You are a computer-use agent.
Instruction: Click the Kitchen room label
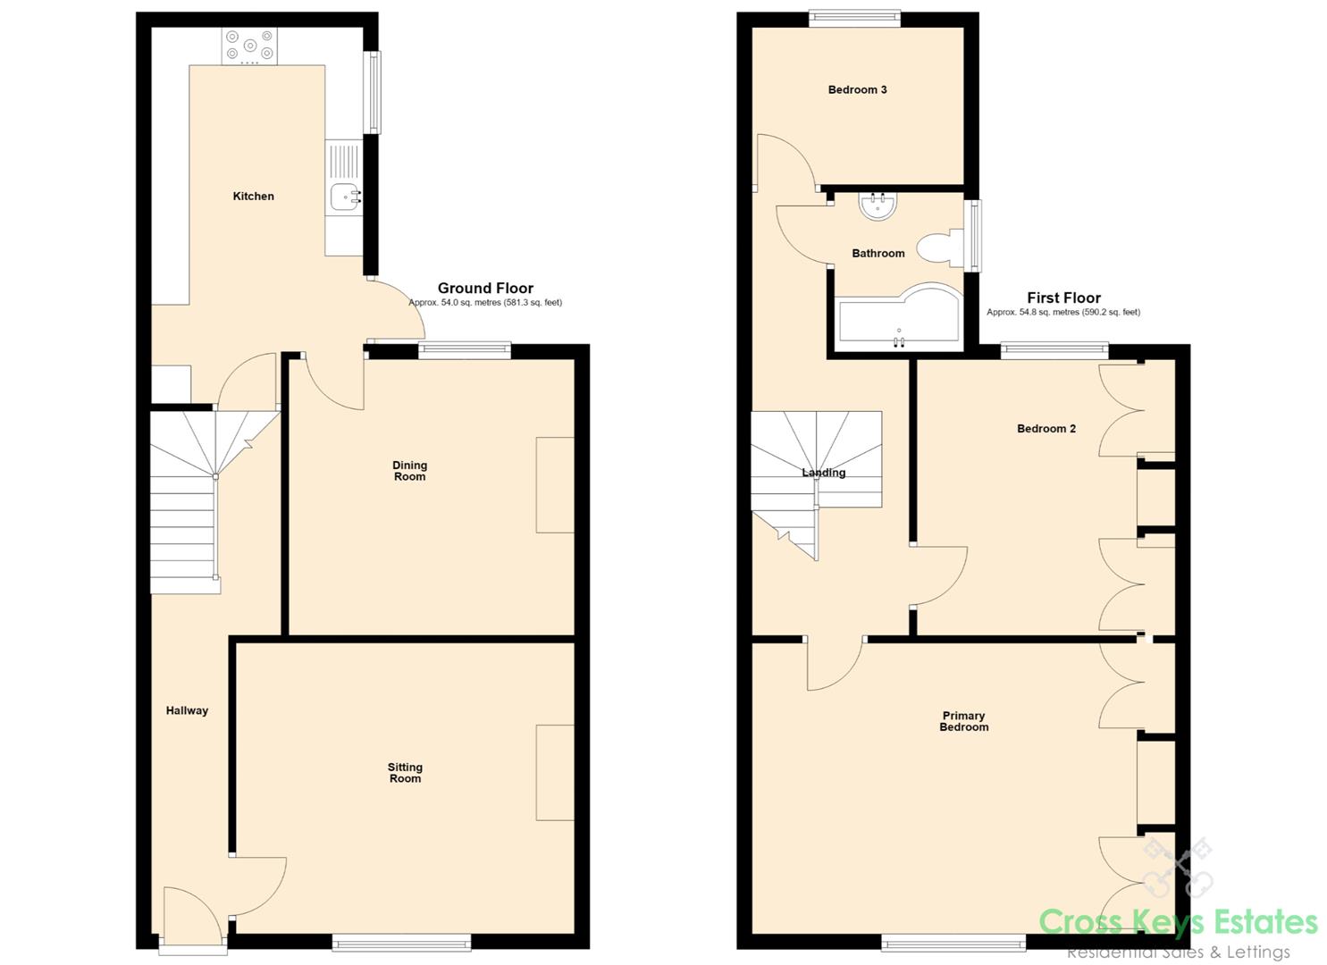(253, 196)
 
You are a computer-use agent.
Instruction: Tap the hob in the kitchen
(249, 46)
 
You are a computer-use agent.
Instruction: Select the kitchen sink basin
(344, 197)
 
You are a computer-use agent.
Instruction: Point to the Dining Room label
(409, 471)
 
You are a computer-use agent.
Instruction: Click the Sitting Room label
(405, 773)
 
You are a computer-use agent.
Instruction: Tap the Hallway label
(187, 710)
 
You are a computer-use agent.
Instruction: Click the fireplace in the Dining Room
(555, 484)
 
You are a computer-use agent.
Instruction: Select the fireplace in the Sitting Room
(555, 773)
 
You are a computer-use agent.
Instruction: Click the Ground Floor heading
(485, 288)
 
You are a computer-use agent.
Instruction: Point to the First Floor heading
(1063, 298)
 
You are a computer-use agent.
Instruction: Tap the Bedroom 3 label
(857, 89)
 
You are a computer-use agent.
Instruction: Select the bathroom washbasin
(878, 206)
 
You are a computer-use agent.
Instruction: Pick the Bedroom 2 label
(1046, 428)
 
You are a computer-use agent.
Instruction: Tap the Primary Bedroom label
(964, 721)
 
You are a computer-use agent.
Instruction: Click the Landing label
(823, 472)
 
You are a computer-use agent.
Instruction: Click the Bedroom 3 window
(855, 19)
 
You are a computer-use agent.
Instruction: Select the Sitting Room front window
(401, 943)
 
